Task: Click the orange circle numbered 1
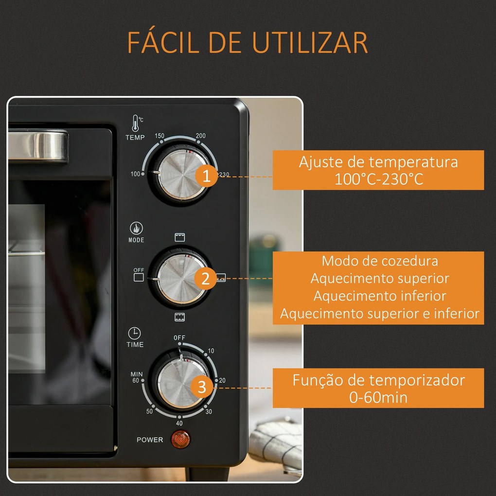[207, 177]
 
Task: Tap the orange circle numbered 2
[206, 279]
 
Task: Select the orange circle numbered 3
[203, 388]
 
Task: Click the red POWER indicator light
[180, 440]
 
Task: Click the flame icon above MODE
[136, 228]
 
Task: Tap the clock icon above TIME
[134, 333]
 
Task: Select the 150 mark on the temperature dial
[159, 136]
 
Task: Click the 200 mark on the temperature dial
[200, 136]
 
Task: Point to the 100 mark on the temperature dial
[135, 174]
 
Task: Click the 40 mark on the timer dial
[179, 423]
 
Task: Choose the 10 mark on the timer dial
[211, 351]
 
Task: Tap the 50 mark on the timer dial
[149, 411]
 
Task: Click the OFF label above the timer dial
[179, 338]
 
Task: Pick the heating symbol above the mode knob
[180, 237]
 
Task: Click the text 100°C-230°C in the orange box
[378, 179]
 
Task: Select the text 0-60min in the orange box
[378, 397]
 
